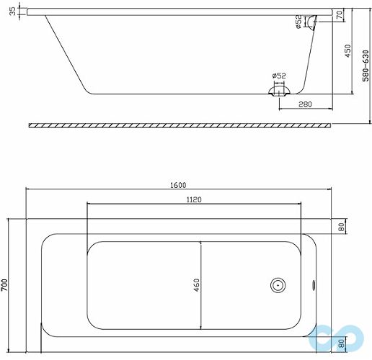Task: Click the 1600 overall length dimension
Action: pyautogui.click(x=178, y=185)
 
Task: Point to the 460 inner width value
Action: pyautogui.click(x=195, y=284)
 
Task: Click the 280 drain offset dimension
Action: pyautogui.click(x=305, y=106)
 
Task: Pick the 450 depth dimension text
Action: pyautogui.click(x=347, y=51)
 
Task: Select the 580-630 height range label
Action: pyautogui.click(x=365, y=66)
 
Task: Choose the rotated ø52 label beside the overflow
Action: pyautogui.click(x=298, y=24)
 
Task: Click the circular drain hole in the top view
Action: pyautogui.click(x=278, y=284)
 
